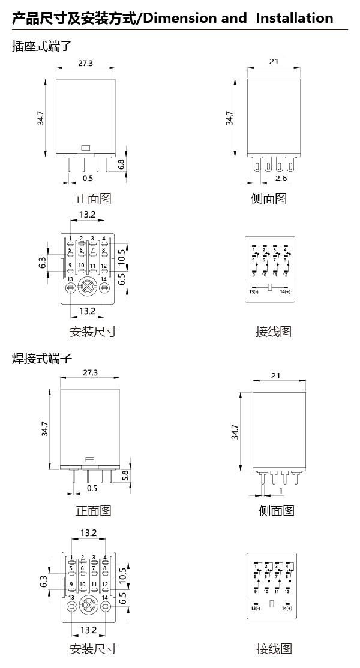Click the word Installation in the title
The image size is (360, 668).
click(x=294, y=18)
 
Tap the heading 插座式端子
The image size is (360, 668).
click(x=42, y=46)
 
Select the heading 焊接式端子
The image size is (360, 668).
click(x=42, y=359)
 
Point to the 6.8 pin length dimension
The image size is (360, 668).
click(x=121, y=163)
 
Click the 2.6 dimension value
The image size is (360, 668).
click(x=281, y=179)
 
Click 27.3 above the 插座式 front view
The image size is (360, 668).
click(x=85, y=64)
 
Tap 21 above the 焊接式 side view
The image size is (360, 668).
click(x=276, y=376)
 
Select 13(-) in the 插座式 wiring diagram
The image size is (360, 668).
click(x=254, y=291)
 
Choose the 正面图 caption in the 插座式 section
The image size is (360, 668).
click(x=93, y=198)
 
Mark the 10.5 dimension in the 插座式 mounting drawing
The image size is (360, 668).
click(x=122, y=256)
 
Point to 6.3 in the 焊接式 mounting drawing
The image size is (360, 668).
click(x=43, y=582)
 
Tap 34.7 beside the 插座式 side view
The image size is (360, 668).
click(x=229, y=118)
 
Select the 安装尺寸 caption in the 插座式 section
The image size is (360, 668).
click(x=93, y=332)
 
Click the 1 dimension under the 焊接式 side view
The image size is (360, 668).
click(x=281, y=492)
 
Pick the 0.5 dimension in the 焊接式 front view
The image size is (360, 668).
click(x=92, y=489)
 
